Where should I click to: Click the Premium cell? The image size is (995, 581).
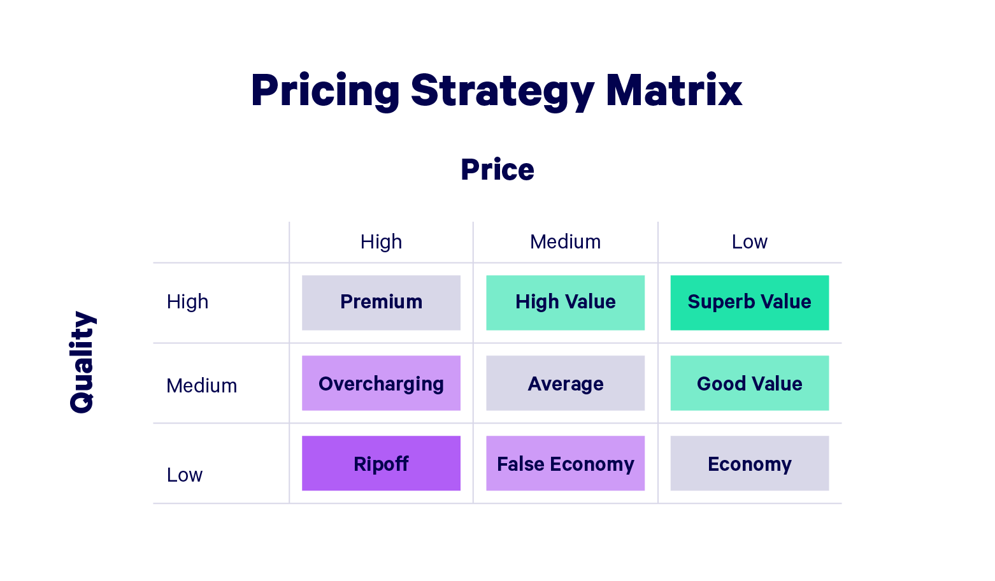pos(381,303)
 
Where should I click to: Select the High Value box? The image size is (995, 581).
pos(565,303)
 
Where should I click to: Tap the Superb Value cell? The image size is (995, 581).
pos(749,303)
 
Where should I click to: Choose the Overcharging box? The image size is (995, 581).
pos(381,383)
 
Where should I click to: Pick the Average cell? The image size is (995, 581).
pos(565,383)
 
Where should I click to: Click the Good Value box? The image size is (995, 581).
pos(749,383)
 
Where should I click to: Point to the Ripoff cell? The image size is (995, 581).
pos(381,463)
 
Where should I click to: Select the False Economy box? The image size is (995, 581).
pos(565,463)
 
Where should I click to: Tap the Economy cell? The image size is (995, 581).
pos(749,463)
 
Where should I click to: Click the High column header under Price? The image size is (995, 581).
pos(381,242)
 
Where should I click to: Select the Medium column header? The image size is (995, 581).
pos(565,242)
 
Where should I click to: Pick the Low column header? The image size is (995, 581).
pos(750,242)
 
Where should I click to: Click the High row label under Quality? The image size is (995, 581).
pos(187,301)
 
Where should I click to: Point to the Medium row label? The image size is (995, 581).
pos(201,385)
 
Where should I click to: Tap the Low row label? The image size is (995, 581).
pos(185,475)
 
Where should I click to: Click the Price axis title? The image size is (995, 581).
pos(497,170)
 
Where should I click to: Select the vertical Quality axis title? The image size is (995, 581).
pos(82,362)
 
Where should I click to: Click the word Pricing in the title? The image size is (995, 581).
pos(325,90)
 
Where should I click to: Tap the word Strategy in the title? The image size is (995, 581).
pos(502,90)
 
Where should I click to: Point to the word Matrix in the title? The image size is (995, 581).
pos(673,90)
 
